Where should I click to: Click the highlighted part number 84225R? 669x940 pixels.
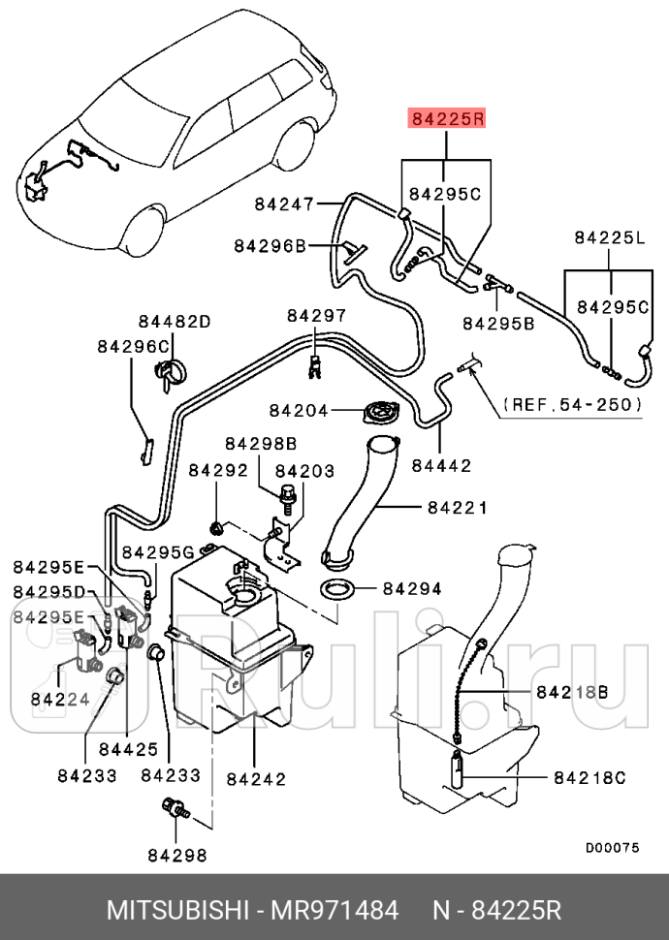pos(447,118)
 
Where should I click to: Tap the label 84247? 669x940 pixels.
pos(284,204)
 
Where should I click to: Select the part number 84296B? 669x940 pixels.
pos(270,246)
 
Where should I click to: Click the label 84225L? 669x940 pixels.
pos(610,238)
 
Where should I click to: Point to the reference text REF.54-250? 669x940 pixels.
pos(572,404)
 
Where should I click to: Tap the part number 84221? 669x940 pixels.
pos(458,508)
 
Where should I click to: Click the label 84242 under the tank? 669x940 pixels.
pos(256,779)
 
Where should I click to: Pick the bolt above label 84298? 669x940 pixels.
pos(175,807)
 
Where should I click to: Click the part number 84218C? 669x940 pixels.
pos(589,777)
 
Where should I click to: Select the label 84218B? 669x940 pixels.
pos(572,693)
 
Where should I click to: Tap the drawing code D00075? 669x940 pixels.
pos(613,848)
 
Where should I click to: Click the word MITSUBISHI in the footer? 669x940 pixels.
pos(177,911)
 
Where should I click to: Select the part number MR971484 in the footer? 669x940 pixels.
pos(334,911)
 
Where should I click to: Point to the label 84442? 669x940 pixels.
pos(441,466)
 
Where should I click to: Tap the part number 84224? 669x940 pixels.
pos(60,699)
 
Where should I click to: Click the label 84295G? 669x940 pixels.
pos(158,551)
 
